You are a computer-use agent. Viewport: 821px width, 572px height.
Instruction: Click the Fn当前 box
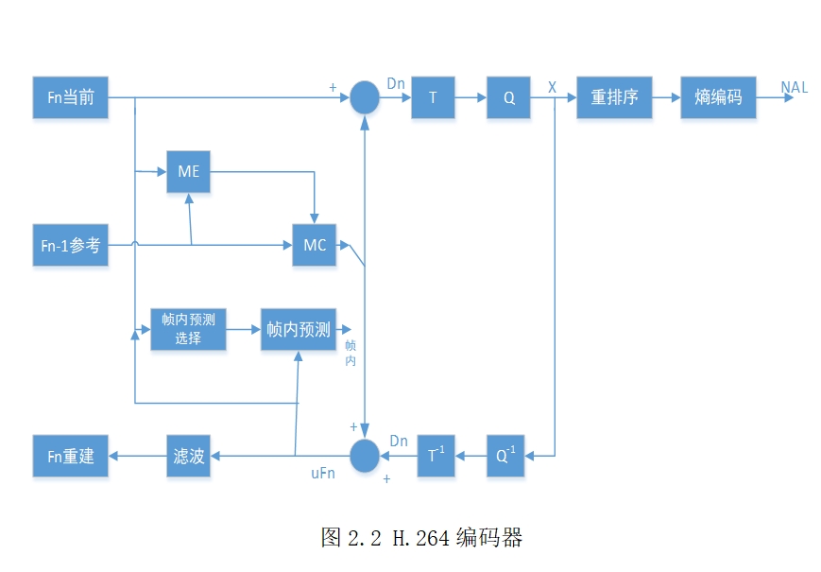pos(70,97)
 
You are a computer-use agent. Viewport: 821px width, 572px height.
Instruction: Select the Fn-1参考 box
pos(70,245)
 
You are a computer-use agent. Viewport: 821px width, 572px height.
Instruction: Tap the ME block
pos(188,171)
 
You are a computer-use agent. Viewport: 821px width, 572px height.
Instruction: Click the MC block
pos(314,245)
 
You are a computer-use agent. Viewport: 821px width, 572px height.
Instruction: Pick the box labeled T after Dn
pos(433,97)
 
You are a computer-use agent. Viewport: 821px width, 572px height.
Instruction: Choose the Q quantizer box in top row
pos(508,97)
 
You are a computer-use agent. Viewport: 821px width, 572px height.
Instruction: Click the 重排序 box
pos(614,97)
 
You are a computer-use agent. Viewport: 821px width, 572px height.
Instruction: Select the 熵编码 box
pos(718,97)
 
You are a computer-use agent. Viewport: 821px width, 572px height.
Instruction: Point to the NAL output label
pos(794,88)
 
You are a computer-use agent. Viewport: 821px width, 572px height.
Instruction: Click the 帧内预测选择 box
pos(188,329)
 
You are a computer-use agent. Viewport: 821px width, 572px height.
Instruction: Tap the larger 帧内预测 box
pos(298,329)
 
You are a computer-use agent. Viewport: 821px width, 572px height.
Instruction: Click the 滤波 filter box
pos(188,456)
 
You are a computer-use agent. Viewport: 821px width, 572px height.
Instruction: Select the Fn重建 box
pos(70,456)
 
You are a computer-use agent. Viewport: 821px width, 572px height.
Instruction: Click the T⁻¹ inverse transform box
pos(436,456)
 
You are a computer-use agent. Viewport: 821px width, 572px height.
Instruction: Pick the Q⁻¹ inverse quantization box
pos(508,456)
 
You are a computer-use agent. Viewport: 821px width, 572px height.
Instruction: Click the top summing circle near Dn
pos(364,97)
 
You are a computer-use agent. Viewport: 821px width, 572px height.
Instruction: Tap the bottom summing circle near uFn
pos(364,456)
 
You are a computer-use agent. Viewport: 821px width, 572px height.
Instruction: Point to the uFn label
pos(323,473)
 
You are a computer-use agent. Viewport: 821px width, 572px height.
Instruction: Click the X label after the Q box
pos(552,87)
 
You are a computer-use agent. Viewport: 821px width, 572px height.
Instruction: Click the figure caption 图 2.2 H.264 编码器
pos(421,538)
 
